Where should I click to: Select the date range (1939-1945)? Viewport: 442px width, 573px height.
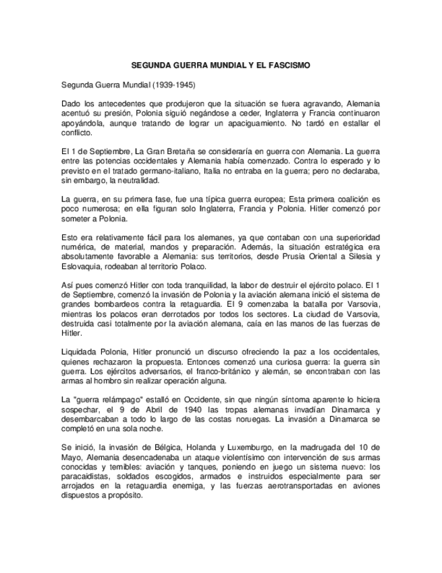[174, 86]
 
